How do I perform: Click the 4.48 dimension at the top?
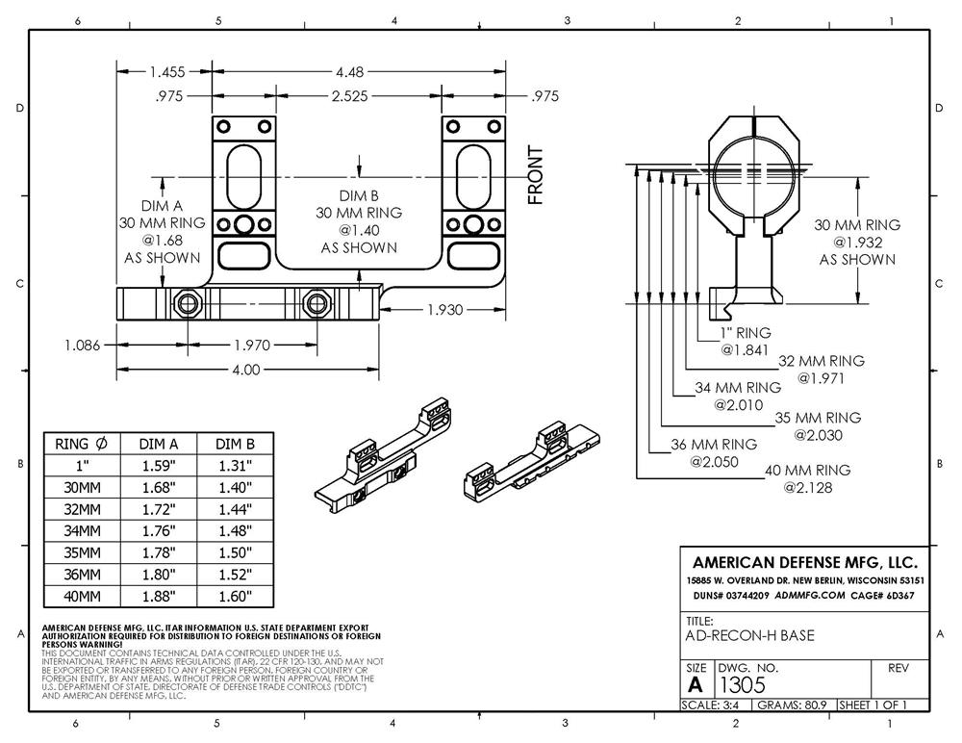click(352, 71)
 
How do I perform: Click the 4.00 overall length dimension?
click(245, 369)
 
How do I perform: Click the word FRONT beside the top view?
click(536, 175)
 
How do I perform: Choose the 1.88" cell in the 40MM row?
click(160, 597)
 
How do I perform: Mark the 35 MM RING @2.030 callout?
click(817, 426)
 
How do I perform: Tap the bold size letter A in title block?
click(696, 684)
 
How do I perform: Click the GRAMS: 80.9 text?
click(793, 705)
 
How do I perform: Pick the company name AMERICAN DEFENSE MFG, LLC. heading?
click(804, 562)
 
